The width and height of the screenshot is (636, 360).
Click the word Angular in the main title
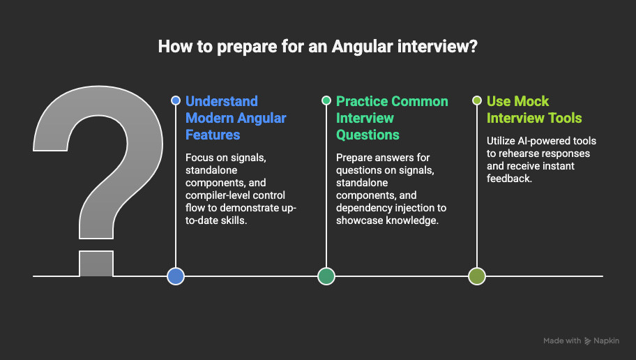click(362, 47)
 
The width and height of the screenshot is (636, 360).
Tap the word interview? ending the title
click(437, 46)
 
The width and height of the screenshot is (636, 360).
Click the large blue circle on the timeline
click(176, 276)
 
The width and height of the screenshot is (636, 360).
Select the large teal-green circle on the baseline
click(326, 276)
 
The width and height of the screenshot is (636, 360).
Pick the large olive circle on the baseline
click(477, 276)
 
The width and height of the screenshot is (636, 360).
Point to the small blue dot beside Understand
click(176, 100)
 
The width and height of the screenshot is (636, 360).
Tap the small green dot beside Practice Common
click(326, 100)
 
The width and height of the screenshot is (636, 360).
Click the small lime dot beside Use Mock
click(477, 100)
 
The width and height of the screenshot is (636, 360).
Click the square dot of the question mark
click(96, 264)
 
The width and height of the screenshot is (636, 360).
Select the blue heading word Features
click(213, 135)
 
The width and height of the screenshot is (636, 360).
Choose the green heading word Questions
click(368, 135)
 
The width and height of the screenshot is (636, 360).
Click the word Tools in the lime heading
click(565, 118)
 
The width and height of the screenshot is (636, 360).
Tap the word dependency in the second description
click(363, 208)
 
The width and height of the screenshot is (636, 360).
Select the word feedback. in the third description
click(509, 179)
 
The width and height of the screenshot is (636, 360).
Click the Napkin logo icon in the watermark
click(587, 341)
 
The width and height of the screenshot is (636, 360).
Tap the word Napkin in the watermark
click(607, 341)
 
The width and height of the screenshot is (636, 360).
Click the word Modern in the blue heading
click(210, 118)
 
